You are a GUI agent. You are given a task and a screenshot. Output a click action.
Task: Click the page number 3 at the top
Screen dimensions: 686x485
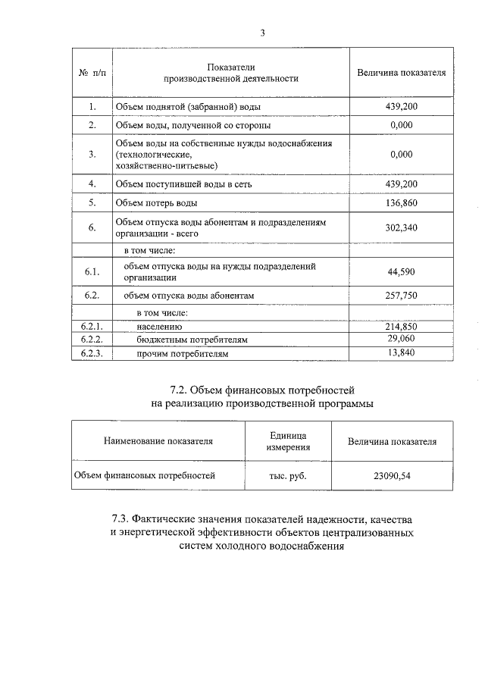click(262, 33)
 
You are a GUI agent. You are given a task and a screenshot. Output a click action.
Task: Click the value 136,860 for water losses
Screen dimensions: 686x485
click(401, 203)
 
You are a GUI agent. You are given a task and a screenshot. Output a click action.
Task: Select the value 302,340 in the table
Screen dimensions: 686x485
click(401, 227)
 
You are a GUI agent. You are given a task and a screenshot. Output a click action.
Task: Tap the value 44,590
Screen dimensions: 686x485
click(401, 271)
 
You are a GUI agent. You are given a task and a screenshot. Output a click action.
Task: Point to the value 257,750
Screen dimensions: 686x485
click(401, 296)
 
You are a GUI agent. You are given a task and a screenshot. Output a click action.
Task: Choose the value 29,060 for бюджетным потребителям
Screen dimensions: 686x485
click(401, 339)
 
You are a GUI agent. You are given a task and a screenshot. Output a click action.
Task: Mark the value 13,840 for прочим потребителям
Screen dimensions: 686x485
click(401, 352)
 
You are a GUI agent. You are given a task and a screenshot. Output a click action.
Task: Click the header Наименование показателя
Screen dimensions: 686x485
click(158, 441)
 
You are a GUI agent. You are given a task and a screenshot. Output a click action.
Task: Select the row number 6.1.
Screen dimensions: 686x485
click(92, 271)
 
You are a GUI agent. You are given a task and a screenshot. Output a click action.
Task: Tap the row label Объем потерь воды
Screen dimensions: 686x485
click(156, 203)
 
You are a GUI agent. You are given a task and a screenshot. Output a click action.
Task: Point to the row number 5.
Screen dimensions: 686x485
click(92, 203)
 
